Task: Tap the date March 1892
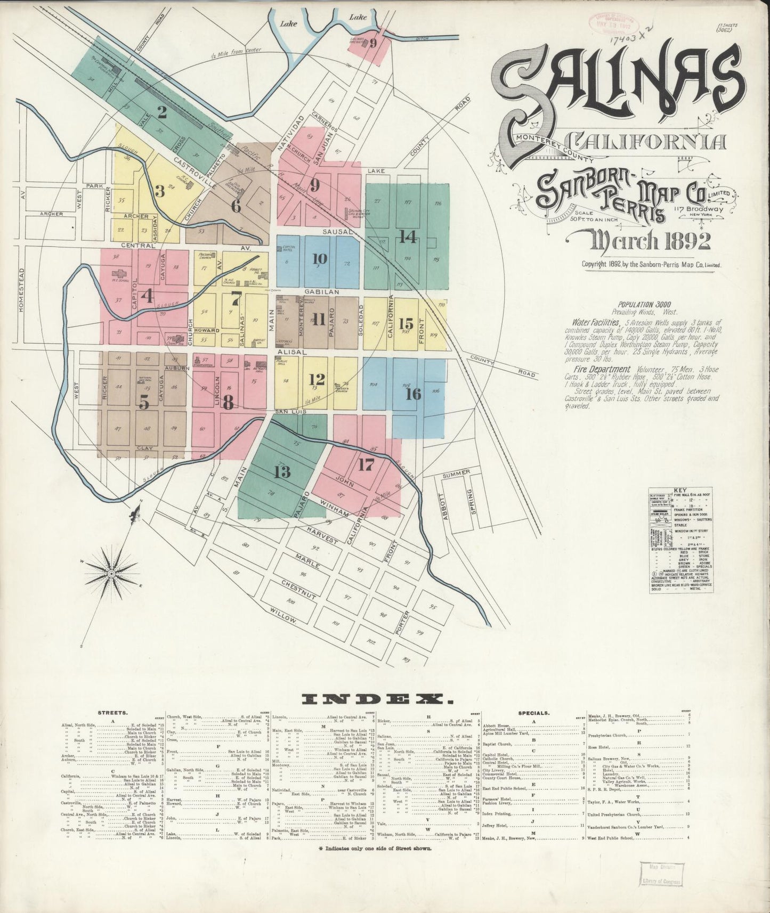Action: point(649,241)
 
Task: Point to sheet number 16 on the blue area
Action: point(413,394)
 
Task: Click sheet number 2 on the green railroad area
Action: point(161,112)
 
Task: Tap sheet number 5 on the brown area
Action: point(143,403)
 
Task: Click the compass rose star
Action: point(111,574)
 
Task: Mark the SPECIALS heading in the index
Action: point(534,712)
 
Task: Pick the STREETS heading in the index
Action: point(112,712)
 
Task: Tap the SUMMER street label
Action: point(456,475)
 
